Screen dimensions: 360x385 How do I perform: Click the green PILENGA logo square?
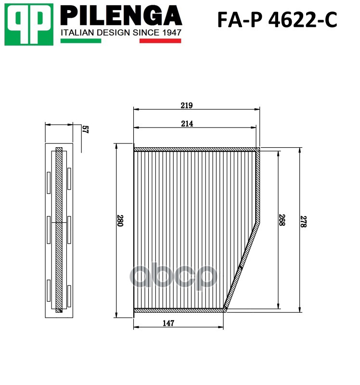pos(29,25)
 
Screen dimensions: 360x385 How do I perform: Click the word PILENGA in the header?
pos(121,16)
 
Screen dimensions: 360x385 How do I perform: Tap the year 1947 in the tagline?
pos(171,33)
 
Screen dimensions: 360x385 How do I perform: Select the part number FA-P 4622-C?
pos(277,20)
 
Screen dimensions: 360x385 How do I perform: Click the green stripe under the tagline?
pos(81,41)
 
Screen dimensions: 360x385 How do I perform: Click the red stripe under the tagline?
pos(160,41)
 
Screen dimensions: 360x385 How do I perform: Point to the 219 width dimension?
pos(187,105)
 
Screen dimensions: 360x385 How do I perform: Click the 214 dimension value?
pos(187,124)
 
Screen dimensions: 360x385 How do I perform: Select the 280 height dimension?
pos(120,220)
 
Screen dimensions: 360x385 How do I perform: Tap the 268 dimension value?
pos(282,220)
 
